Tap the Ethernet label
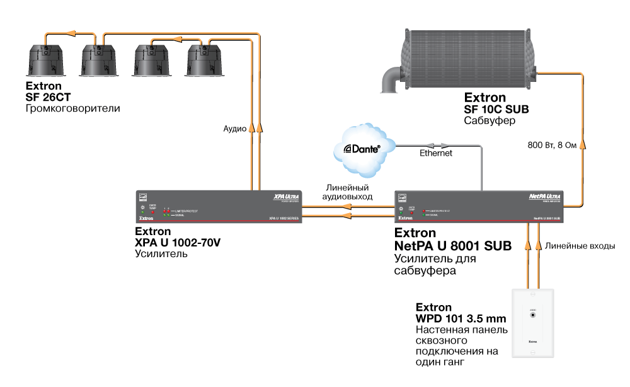[435, 153]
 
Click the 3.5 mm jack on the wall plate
[534, 315]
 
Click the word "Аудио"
[234, 128]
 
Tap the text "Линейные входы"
[580, 246]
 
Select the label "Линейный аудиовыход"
[347, 192]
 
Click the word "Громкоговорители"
[72, 109]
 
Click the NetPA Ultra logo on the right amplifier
[544, 197]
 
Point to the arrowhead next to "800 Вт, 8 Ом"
[583, 146]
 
